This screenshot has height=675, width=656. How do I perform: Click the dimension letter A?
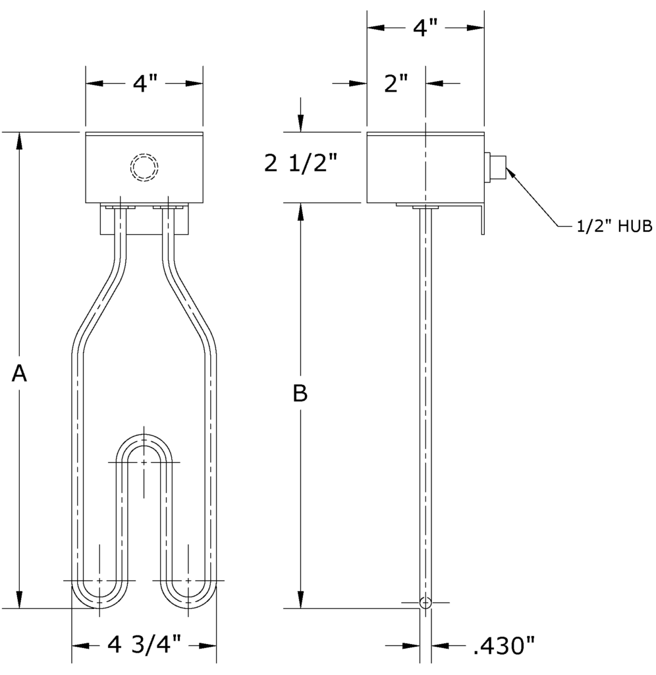coord(20,374)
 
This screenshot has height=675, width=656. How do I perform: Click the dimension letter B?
coord(300,394)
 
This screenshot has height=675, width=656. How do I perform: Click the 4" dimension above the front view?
coord(144,84)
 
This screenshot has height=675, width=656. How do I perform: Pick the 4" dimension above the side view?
coord(425,28)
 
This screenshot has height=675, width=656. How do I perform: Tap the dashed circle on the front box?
coord(144,167)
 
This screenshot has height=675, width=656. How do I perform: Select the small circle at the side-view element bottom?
coord(425,602)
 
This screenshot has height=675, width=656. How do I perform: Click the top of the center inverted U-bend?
coord(144,441)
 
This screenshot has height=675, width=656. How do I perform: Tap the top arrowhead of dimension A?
coord(20,139)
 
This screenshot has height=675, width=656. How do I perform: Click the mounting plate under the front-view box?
coord(144,220)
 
